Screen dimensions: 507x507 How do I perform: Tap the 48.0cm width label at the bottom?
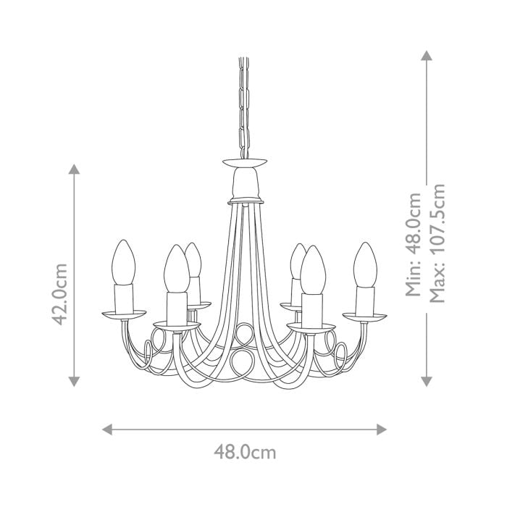pyautogui.click(x=245, y=453)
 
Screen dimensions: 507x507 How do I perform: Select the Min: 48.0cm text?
pyautogui.click(x=413, y=244)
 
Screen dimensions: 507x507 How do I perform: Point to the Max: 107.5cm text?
pyautogui.click(x=437, y=243)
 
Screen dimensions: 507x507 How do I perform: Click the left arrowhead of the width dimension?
pyautogui.click(x=107, y=429)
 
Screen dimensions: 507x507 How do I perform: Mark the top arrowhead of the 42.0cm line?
pyautogui.click(x=73, y=169)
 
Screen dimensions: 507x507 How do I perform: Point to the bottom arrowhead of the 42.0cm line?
pyautogui.click(x=73, y=381)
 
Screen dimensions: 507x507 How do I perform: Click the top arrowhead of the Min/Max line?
pyautogui.click(x=427, y=56)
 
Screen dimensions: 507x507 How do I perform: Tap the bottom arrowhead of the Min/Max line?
pyautogui.click(x=427, y=381)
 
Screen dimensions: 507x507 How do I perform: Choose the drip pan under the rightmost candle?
pyautogui.click(x=365, y=316)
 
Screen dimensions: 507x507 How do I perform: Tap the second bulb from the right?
pyautogui.click(x=312, y=269)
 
